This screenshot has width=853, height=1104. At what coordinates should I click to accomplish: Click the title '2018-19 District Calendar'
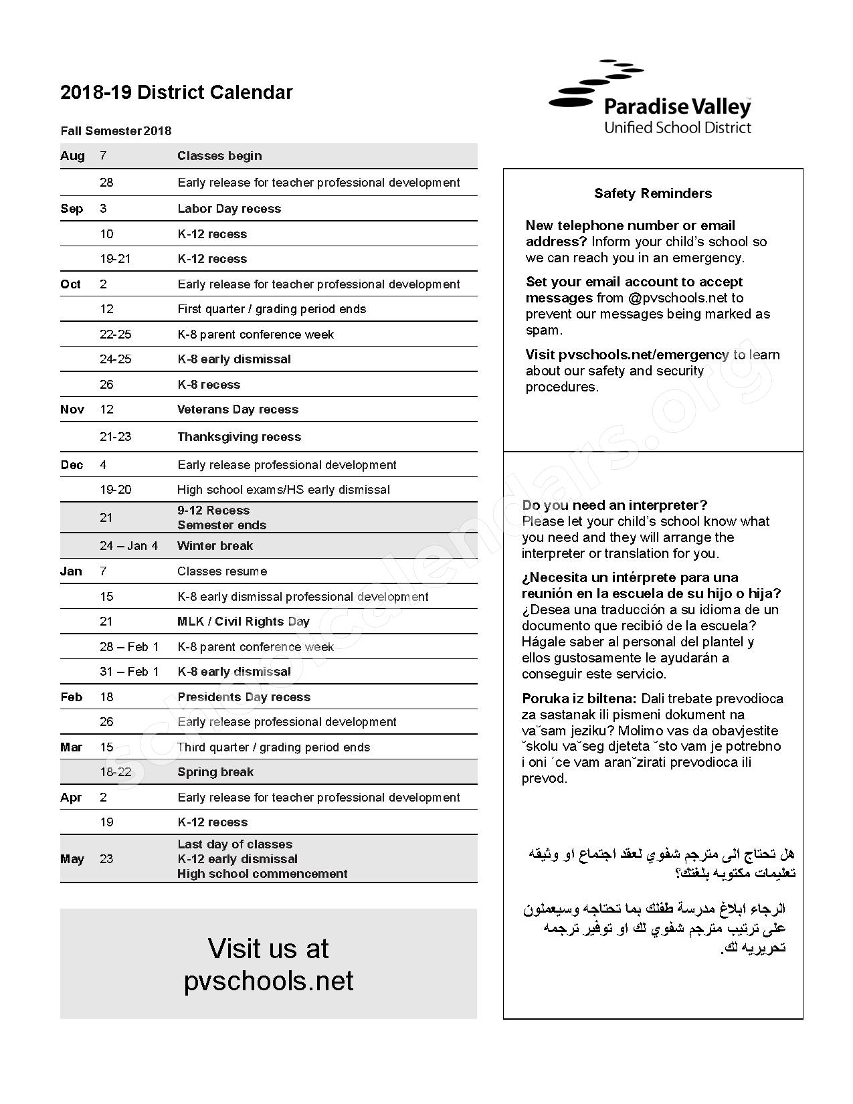point(177,92)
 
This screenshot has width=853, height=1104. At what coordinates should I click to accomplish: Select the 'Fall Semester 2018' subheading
point(116,131)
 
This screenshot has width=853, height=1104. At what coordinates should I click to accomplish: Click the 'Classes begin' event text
point(219,156)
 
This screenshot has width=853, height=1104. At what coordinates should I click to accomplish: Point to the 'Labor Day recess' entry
point(229,209)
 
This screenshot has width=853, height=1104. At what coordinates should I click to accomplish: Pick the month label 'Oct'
point(70,284)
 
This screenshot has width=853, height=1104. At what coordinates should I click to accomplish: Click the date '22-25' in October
point(115,335)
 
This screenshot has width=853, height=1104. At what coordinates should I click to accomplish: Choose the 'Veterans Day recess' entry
point(238,409)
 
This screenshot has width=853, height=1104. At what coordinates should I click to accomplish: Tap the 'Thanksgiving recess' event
point(239,437)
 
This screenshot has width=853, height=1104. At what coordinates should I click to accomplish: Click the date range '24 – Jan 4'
point(129,546)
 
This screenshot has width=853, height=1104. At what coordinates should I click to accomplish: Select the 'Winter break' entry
point(215,546)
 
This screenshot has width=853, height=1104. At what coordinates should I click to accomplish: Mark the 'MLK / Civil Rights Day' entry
point(244,622)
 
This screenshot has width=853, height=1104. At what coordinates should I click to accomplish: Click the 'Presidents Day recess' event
point(244,697)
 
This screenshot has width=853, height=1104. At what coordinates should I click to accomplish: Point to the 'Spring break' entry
point(215,772)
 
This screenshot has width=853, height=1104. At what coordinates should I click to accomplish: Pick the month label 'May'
point(72,859)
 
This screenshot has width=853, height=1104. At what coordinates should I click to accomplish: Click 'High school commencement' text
point(262,874)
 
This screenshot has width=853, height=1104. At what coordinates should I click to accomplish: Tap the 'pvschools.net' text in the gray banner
point(268,981)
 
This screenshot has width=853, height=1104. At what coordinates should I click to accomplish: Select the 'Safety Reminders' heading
point(653,193)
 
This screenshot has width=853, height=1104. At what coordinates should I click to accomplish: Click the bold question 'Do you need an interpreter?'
point(614,505)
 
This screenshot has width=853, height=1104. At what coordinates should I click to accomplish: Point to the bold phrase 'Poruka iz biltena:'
point(579,699)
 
